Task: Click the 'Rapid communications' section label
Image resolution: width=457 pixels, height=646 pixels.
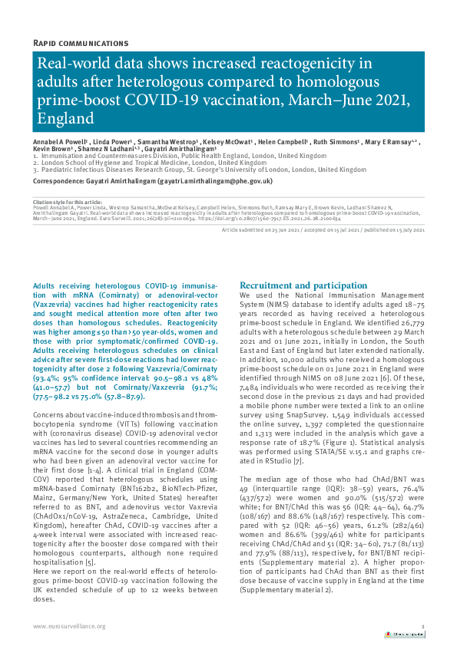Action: (81, 43)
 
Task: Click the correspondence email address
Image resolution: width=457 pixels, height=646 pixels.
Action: (214, 180)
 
